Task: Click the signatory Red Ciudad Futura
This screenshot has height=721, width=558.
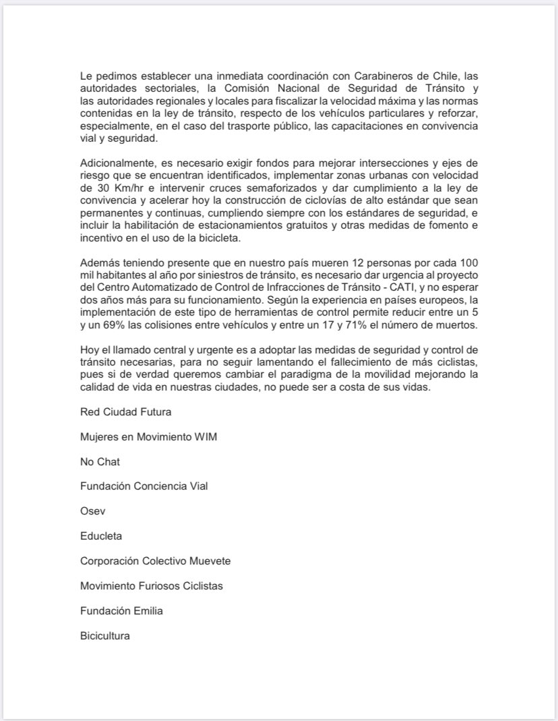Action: pyautogui.click(x=124, y=411)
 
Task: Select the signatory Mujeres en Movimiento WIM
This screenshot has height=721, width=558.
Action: pyautogui.click(x=148, y=436)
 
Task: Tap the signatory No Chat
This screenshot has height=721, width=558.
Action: pyautogui.click(x=100, y=461)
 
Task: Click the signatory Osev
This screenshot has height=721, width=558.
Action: pyautogui.click(x=92, y=511)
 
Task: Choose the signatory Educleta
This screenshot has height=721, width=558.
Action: pyautogui.click(x=101, y=536)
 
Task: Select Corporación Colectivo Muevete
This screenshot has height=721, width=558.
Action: pyautogui.click(x=155, y=561)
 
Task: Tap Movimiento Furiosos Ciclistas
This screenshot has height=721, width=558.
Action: pyautogui.click(x=151, y=586)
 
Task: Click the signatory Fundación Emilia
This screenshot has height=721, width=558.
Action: pyautogui.click(x=121, y=611)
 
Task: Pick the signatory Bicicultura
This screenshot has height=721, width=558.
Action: pyautogui.click(x=104, y=636)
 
